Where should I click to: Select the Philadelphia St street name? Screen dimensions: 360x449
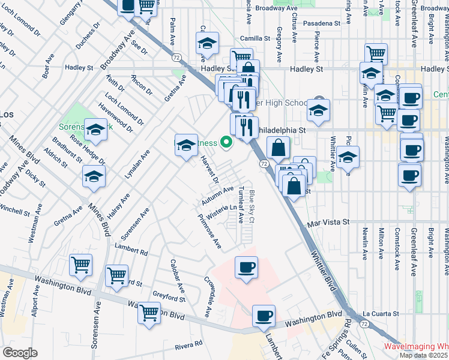[x=281, y=130]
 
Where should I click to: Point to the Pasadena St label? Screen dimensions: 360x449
[x=321, y=23]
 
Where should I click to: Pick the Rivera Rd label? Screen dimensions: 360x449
[x=189, y=345]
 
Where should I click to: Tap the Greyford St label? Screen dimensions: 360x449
[x=169, y=296]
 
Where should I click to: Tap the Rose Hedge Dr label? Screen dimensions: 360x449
[x=87, y=149]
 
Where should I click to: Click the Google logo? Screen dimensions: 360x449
[x=19, y=353]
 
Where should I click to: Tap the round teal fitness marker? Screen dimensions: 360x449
[x=226, y=143]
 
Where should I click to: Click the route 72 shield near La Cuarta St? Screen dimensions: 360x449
[x=364, y=323]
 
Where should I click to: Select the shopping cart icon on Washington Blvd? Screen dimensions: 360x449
[x=149, y=313]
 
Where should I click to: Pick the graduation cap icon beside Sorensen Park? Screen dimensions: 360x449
[x=95, y=129]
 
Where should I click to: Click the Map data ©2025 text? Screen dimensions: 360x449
[x=423, y=355]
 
